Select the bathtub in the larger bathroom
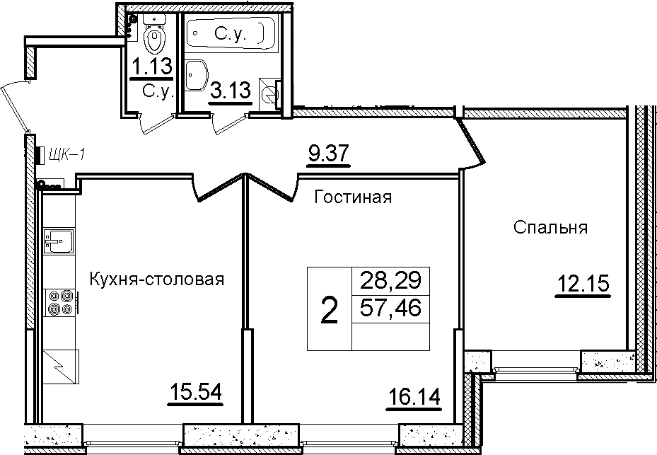point(226,33)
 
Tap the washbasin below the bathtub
point(196,76)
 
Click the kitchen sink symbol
point(59,241)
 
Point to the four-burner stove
point(60,302)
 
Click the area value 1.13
point(151,67)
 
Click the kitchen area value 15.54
point(196,393)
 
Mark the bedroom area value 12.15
point(583,284)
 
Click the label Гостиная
point(353,197)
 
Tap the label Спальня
point(551,227)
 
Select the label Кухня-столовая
point(157,279)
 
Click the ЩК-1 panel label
point(66,155)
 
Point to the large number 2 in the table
point(329,309)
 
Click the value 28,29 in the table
point(390,280)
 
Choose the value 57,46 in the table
point(390,309)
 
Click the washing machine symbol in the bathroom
point(270,94)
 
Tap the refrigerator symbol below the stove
point(62,367)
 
